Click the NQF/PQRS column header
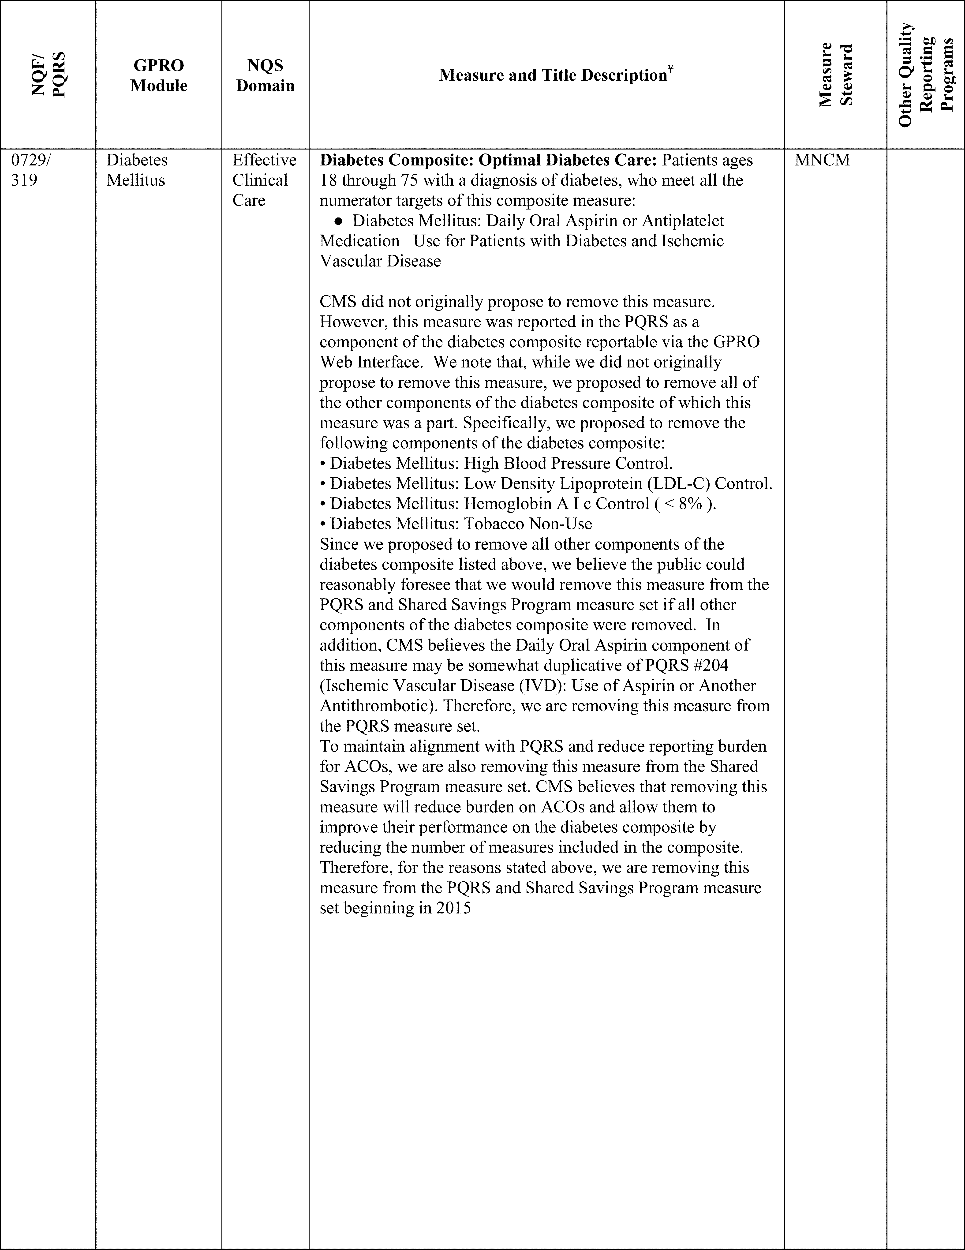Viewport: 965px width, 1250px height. (48, 75)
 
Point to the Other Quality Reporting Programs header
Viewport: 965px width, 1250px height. (925, 75)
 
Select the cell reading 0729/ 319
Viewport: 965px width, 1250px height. (31, 170)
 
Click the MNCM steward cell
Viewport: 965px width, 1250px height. (823, 160)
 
